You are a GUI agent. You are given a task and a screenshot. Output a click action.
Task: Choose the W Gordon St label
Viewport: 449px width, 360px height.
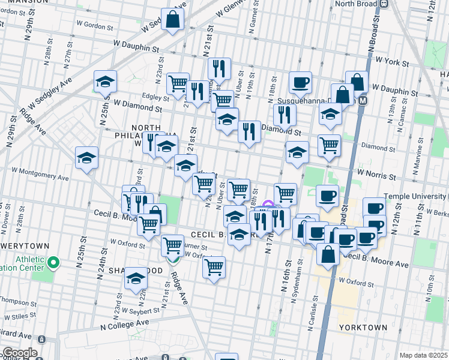click(x=95, y=27)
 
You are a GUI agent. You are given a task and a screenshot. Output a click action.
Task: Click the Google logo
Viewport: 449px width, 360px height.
click(x=19, y=353)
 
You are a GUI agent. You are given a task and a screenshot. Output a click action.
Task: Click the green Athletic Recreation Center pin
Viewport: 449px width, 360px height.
click(x=53, y=262)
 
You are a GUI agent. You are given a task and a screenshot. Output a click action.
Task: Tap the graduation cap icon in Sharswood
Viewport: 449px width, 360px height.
click(x=136, y=278)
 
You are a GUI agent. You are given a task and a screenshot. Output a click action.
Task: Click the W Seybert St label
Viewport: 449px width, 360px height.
click(x=141, y=311)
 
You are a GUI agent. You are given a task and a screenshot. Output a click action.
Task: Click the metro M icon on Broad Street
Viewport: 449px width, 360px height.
click(x=362, y=102)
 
